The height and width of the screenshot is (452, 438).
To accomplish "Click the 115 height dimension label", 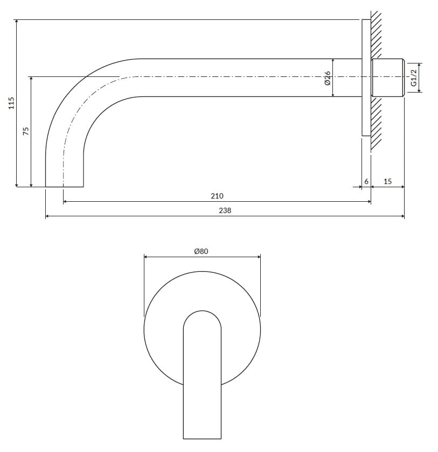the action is click(11, 103).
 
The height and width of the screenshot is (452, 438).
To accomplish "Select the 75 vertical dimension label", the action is click(26, 131).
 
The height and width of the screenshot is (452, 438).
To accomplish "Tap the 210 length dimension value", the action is click(217, 196).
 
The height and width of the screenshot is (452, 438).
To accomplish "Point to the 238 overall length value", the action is click(225, 211).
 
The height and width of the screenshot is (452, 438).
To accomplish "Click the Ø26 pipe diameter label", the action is click(327, 79).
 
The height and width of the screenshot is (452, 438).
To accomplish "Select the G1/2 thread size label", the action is click(414, 78).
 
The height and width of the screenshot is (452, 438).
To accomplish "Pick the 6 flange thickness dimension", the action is click(366, 181).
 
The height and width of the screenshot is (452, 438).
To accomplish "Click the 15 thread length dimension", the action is click(387, 181).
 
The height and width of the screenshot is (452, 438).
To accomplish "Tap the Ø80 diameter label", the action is click(201, 251).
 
